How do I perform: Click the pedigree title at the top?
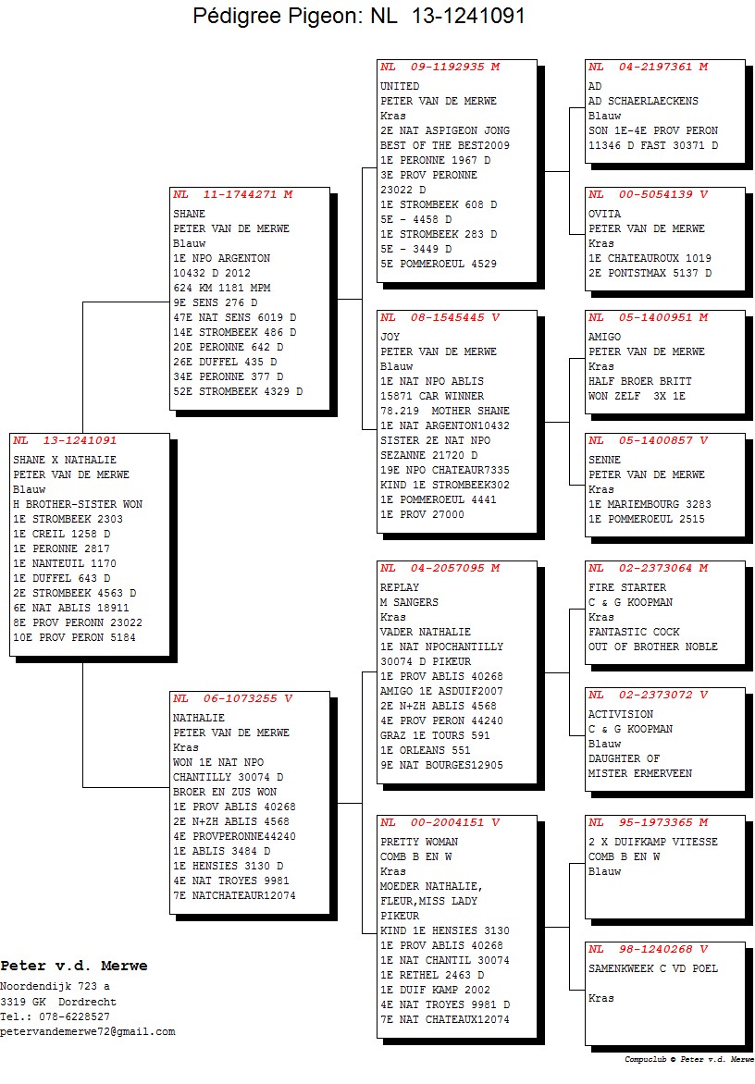tap(358, 15)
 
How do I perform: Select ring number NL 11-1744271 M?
tap(233, 194)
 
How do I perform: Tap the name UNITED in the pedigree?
tap(400, 86)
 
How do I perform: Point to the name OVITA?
tap(604, 214)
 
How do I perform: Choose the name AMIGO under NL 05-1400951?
tap(604, 337)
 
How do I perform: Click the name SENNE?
tap(604, 460)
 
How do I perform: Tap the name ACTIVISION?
tap(620, 714)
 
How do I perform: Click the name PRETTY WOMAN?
tap(419, 842)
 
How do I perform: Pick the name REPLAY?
tap(400, 587)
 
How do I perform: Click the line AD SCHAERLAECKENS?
tap(643, 101)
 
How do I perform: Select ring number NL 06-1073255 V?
tap(233, 698)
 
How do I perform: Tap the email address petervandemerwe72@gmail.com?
tap(88, 1031)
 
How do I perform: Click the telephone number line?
tap(56, 1016)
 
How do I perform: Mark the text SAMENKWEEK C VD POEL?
tap(652, 968)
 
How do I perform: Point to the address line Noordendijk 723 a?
tap(55, 987)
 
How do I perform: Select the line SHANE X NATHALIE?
tap(64, 460)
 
